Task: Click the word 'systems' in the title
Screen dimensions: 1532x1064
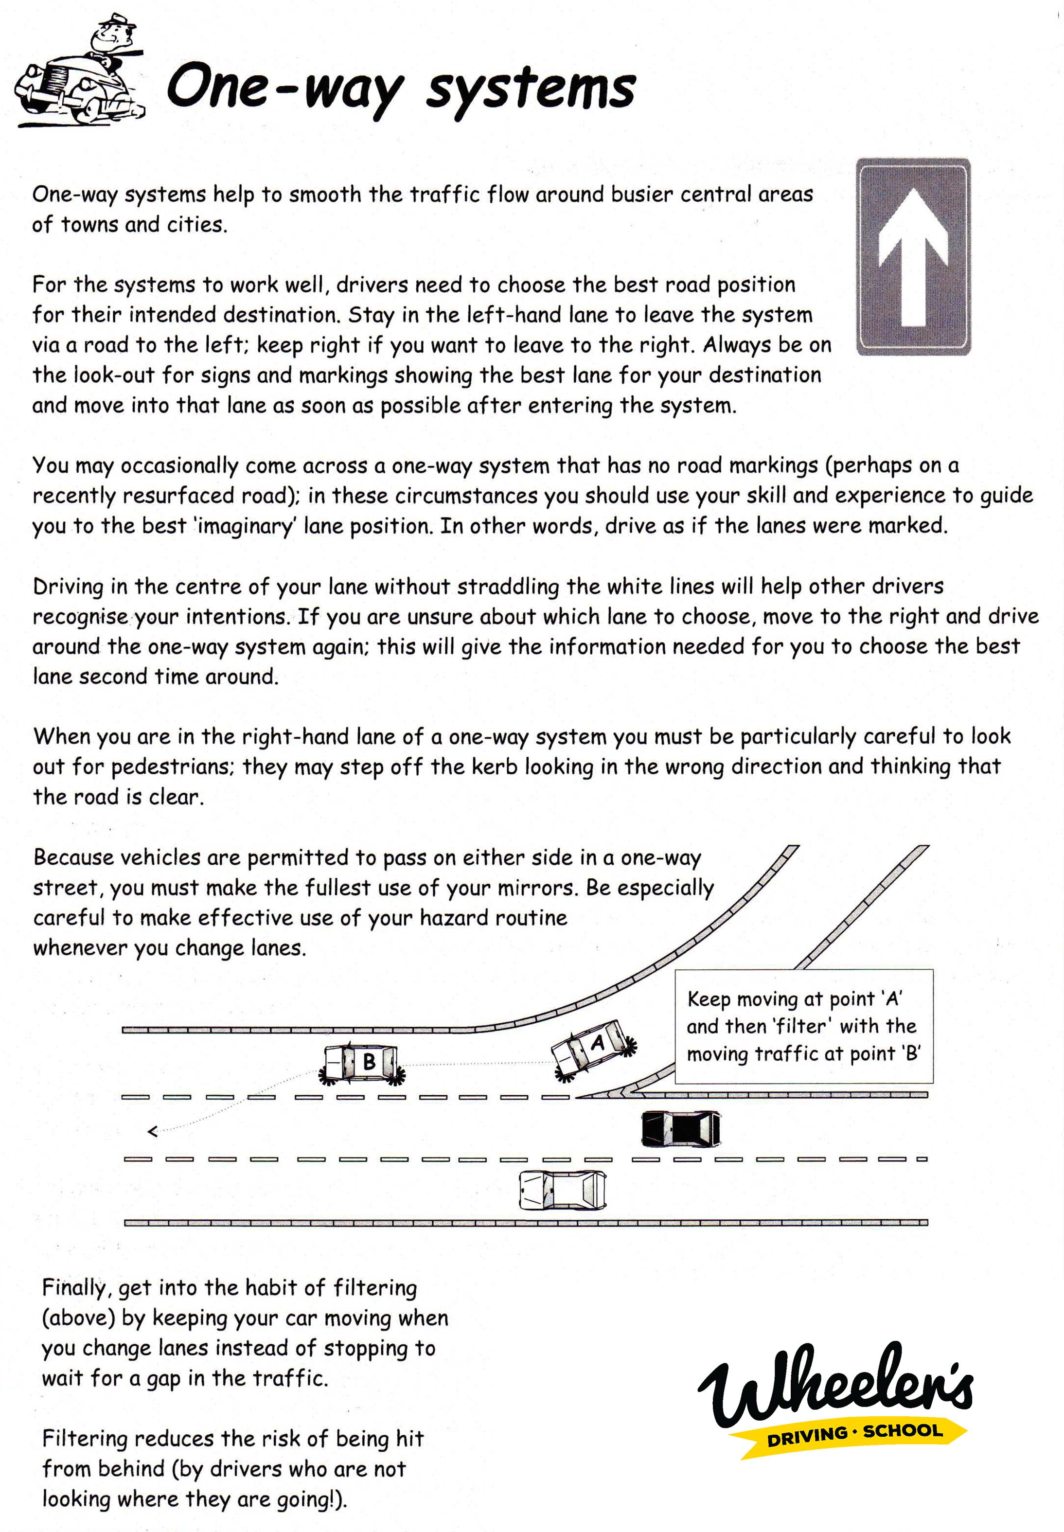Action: [x=531, y=90]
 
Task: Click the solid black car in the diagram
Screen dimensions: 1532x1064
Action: [x=680, y=1128]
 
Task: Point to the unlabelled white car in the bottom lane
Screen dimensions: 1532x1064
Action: [x=562, y=1191]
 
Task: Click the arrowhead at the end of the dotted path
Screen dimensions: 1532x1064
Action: [x=153, y=1131]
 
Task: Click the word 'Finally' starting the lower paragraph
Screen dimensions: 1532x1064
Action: [x=73, y=1288]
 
